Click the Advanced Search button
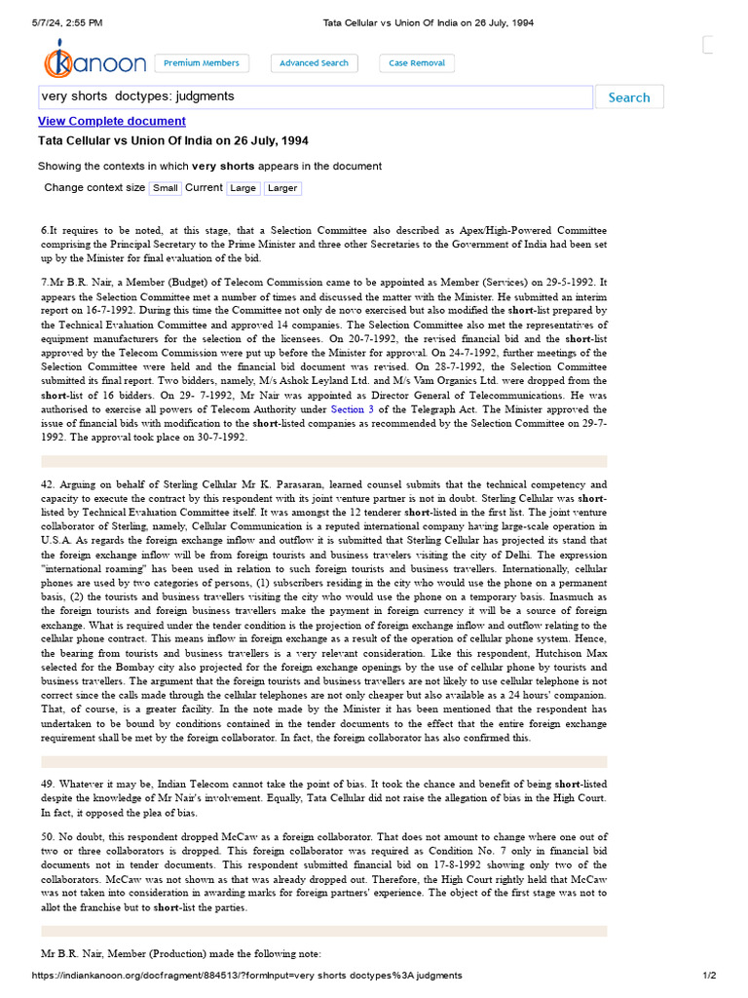click(x=314, y=63)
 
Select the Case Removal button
click(x=417, y=63)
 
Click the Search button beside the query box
click(x=628, y=97)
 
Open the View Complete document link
click(x=111, y=121)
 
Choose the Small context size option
click(x=166, y=188)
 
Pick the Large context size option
click(x=243, y=188)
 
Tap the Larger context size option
click(x=282, y=188)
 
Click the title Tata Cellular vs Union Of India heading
click(x=172, y=141)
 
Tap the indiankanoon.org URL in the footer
click(x=246, y=976)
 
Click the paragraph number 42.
click(x=47, y=484)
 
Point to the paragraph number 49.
click(x=47, y=785)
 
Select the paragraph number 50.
click(x=47, y=837)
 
